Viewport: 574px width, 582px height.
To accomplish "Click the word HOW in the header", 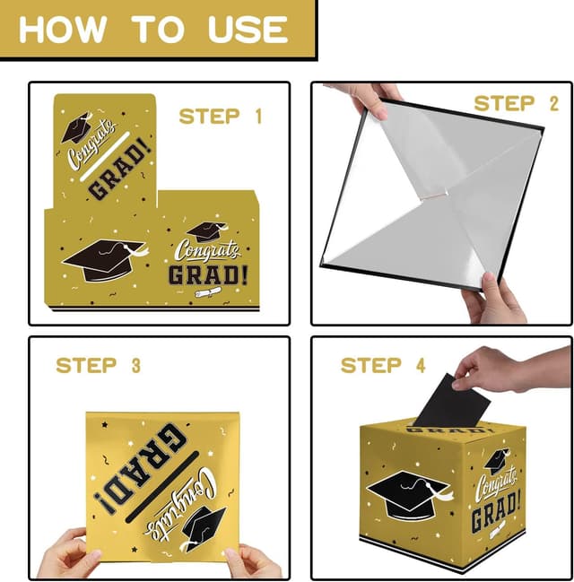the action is click(x=63, y=30).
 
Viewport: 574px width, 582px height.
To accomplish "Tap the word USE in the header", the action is click(x=248, y=30).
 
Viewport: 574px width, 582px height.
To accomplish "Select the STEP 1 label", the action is click(x=221, y=117).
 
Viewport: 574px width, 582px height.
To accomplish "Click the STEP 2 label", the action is click(x=516, y=103).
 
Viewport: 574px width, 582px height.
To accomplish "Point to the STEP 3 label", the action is click(x=99, y=365).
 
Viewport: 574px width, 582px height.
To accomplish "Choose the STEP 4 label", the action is click(x=383, y=365).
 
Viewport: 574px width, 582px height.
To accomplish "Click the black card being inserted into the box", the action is click(x=451, y=402).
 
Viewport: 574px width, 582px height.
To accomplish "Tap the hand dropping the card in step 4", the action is click(x=512, y=369).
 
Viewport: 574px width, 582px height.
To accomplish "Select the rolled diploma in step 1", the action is click(x=208, y=292).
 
